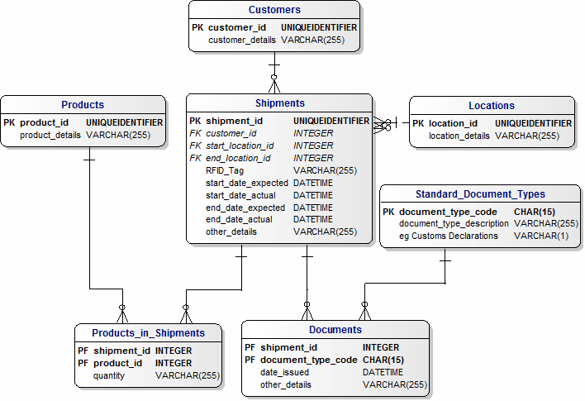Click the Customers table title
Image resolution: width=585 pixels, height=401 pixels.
[274, 10]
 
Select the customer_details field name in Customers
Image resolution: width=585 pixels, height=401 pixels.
[242, 39]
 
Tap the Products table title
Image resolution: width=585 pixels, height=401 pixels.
[83, 105]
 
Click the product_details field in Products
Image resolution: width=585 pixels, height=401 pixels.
[50, 135]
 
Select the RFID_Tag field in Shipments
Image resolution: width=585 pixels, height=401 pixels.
[225, 170]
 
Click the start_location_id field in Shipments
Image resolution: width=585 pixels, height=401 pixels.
[240, 146]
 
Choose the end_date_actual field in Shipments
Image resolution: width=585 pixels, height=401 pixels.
[239, 219]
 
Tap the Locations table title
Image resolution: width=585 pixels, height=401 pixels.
[491, 106]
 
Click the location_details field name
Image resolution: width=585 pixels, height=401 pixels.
[459, 136]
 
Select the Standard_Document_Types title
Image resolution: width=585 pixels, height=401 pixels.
[480, 194]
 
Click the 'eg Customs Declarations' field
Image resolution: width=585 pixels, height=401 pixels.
[449, 236]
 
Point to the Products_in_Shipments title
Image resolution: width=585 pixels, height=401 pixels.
[149, 333]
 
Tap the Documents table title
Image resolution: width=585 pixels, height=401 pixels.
[336, 330]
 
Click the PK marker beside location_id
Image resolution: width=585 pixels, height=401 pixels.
[418, 123]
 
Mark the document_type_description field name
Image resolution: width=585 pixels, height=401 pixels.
[454, 223]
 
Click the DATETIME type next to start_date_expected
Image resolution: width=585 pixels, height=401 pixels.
[313, 183]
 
